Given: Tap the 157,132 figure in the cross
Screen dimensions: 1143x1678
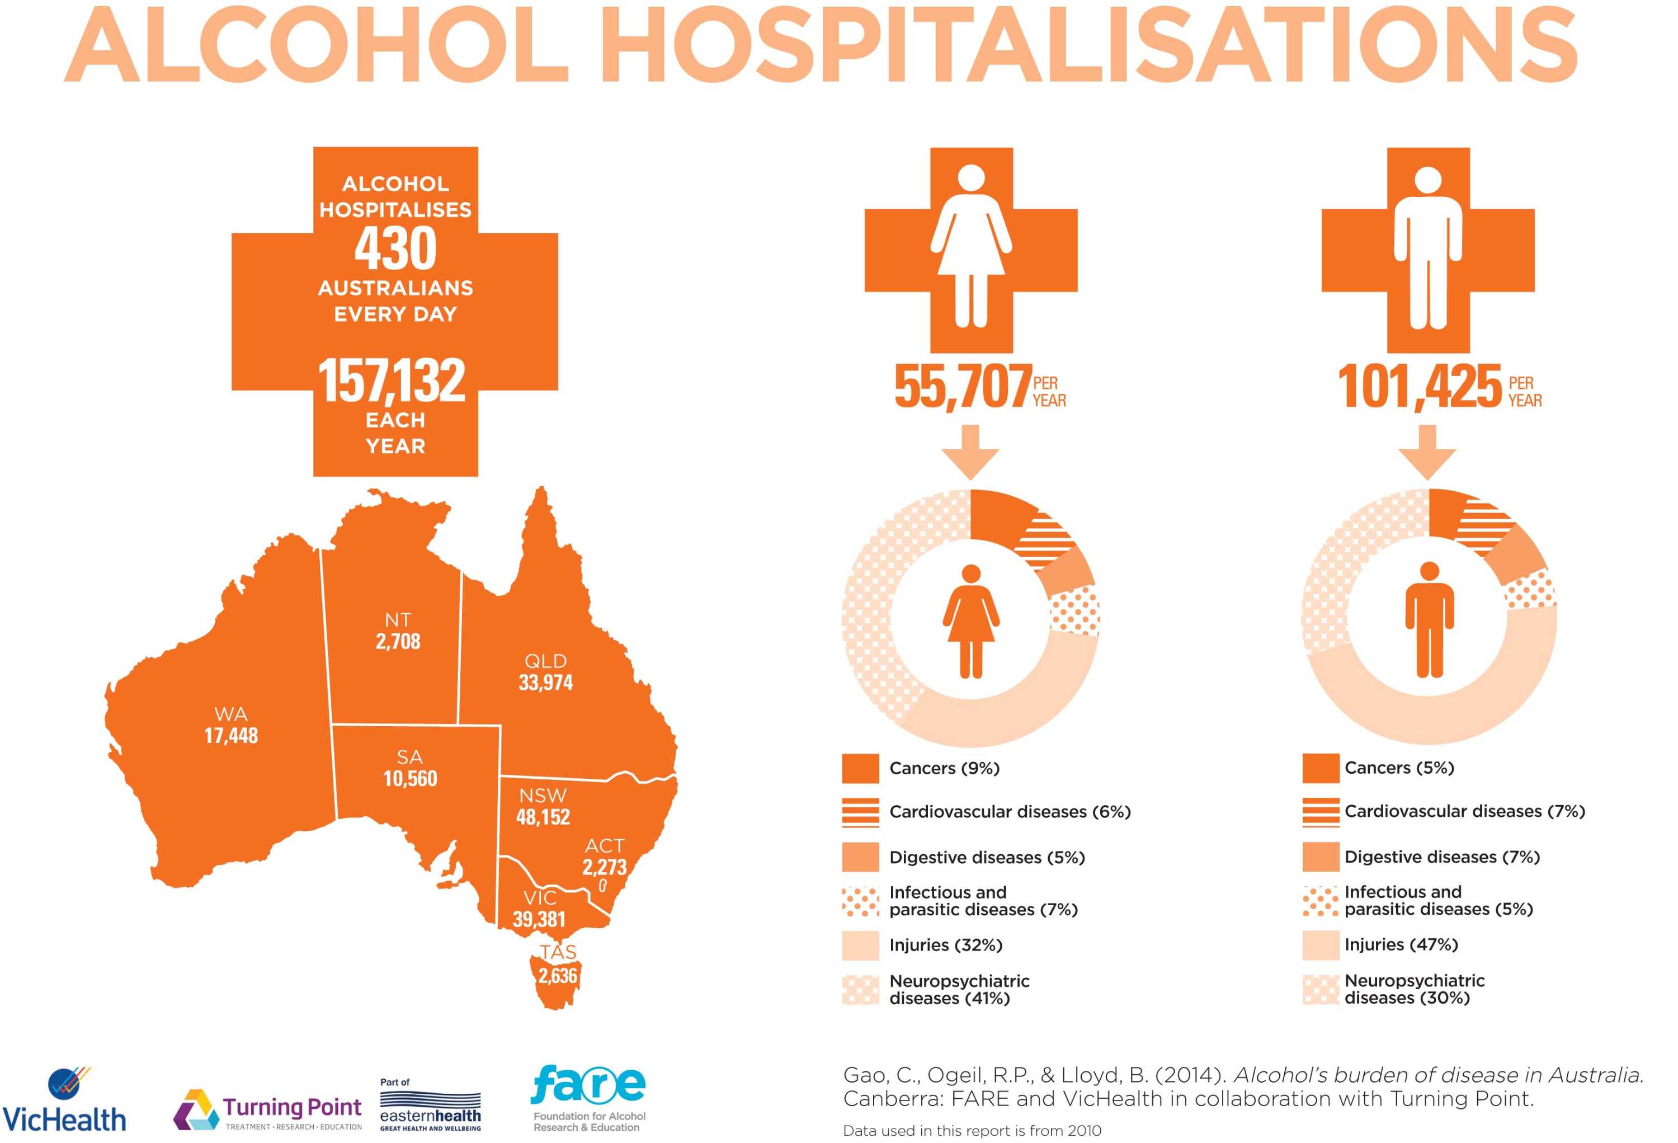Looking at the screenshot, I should pyautogui.click(x=392, y=380).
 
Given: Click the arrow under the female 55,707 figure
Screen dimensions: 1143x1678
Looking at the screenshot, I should pyautogui.click(x=970, y=452).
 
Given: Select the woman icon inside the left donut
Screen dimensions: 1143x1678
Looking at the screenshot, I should pyautogui.click(x=970, y=621).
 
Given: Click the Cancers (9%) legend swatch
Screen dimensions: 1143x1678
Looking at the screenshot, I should pyautogui.click(x=860, y=768).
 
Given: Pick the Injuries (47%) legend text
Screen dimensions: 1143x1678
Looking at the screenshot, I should pyautogui.click(x=1401, y=944).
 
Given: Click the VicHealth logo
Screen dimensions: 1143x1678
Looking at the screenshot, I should pyautogui.click(x=65, y=1101).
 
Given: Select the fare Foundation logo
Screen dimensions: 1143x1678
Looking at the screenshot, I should pyautogui.click(x=588, y=1098).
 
